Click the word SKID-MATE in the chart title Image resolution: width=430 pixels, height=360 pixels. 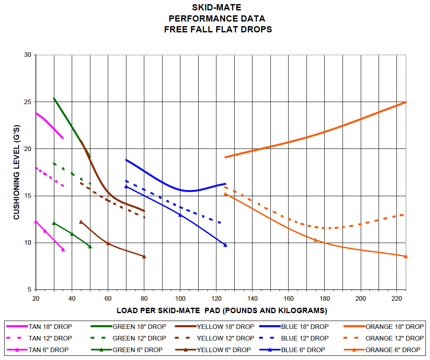[216, 7]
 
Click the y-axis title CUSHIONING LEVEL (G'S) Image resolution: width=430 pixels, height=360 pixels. [17, 172]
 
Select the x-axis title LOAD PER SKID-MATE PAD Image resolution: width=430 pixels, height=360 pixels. [221, 310]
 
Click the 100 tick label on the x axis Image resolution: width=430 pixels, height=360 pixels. [180, 299]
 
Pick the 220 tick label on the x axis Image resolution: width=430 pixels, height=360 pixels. [397, 299]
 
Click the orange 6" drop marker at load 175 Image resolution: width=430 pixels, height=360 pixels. [316, 240]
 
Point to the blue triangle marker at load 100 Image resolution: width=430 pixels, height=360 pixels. [180, 215]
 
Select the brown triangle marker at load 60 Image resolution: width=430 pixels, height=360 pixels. [108, 243]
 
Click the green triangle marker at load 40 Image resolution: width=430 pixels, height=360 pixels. [72, 234]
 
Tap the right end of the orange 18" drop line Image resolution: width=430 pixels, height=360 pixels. [406, 102]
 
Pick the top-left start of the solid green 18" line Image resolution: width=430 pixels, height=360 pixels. [54, 98]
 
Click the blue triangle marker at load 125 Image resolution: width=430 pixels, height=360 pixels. [225, 245]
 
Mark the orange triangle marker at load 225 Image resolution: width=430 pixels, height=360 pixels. [406, 256]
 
